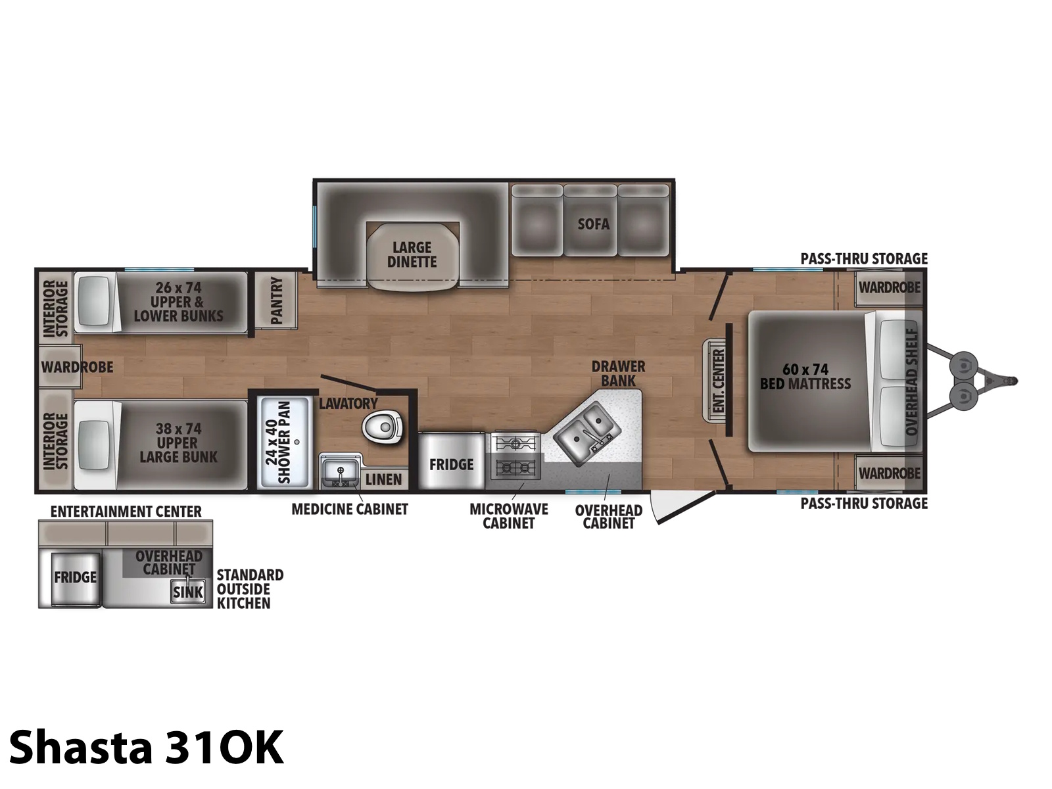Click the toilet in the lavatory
point(382,426)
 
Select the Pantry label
point(277,300)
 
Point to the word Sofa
point(593,224)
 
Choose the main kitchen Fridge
point(451,461)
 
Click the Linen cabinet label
point(384,479)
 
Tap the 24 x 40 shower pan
point(284,442)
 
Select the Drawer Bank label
point(618,373)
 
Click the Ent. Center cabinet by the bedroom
point(715,381)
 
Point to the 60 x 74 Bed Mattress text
point(805,377)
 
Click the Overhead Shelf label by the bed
point(911,381)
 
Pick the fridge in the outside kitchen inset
point(75,578)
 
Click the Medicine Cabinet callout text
point(350,509)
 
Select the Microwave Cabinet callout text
point(508,516)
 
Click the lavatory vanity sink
point(341,472)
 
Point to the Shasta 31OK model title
point(146,748)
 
